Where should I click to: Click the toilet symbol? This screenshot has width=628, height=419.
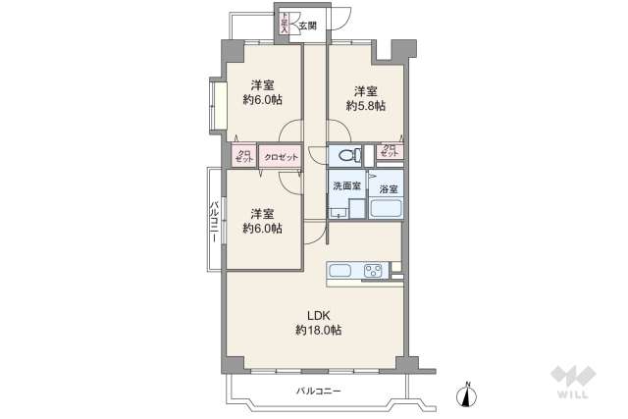point(344,154)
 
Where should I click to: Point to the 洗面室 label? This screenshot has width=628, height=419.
point(345,186)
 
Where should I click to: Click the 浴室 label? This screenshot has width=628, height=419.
point(388,188)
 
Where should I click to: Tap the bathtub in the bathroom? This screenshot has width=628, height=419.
point(387,208)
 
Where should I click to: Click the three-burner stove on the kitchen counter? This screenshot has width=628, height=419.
point(374,271)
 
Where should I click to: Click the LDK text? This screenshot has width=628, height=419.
point(318,315)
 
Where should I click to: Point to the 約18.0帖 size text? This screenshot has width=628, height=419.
point(318,332)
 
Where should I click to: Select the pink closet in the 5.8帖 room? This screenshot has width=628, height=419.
point(390,152)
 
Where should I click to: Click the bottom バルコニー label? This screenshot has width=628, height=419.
point(319,392)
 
